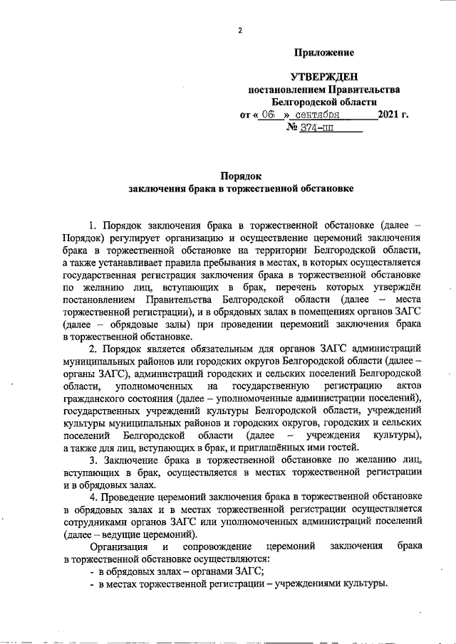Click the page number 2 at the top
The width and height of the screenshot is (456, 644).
coord(240,31)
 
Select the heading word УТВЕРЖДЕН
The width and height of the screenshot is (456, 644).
coord(324,76)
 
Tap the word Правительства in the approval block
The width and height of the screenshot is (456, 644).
coord(363,89)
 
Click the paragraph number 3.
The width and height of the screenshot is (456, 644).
coord(92,461)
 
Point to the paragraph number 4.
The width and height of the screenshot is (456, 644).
coord(92,495)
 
